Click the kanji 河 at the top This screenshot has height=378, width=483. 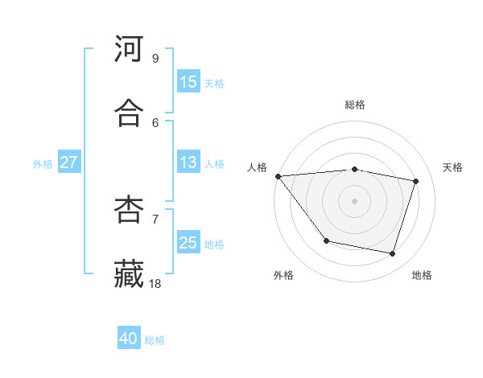(x=129, y=49)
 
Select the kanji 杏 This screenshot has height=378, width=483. (x=129, y=210)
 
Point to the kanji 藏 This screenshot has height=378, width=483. (x=129, y=274)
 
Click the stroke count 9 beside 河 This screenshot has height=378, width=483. (x=155, y=58)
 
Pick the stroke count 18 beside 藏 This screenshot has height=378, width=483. (x=155, y=283)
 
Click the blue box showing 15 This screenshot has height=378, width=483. (x=188, y=82)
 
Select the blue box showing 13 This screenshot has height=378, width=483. (x=188, y=162)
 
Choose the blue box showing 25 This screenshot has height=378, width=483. (x=188, y=243)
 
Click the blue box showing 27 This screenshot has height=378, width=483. (x=69, y=162)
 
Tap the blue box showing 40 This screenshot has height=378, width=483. (x=129, y=339)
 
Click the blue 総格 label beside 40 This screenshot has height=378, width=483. (x=155, y=340)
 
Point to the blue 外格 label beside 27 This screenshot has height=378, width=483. (x=43, y=164)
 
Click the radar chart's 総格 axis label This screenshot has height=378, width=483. (x=355, y=105)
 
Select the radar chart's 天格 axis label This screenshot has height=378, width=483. (x=453, y=167)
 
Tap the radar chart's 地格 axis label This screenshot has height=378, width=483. (x=422, y=275)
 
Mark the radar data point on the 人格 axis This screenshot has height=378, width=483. (x=278, y=176)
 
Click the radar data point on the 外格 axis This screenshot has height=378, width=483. (x=326, y=240)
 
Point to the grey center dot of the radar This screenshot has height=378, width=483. (x=355, y=201)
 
